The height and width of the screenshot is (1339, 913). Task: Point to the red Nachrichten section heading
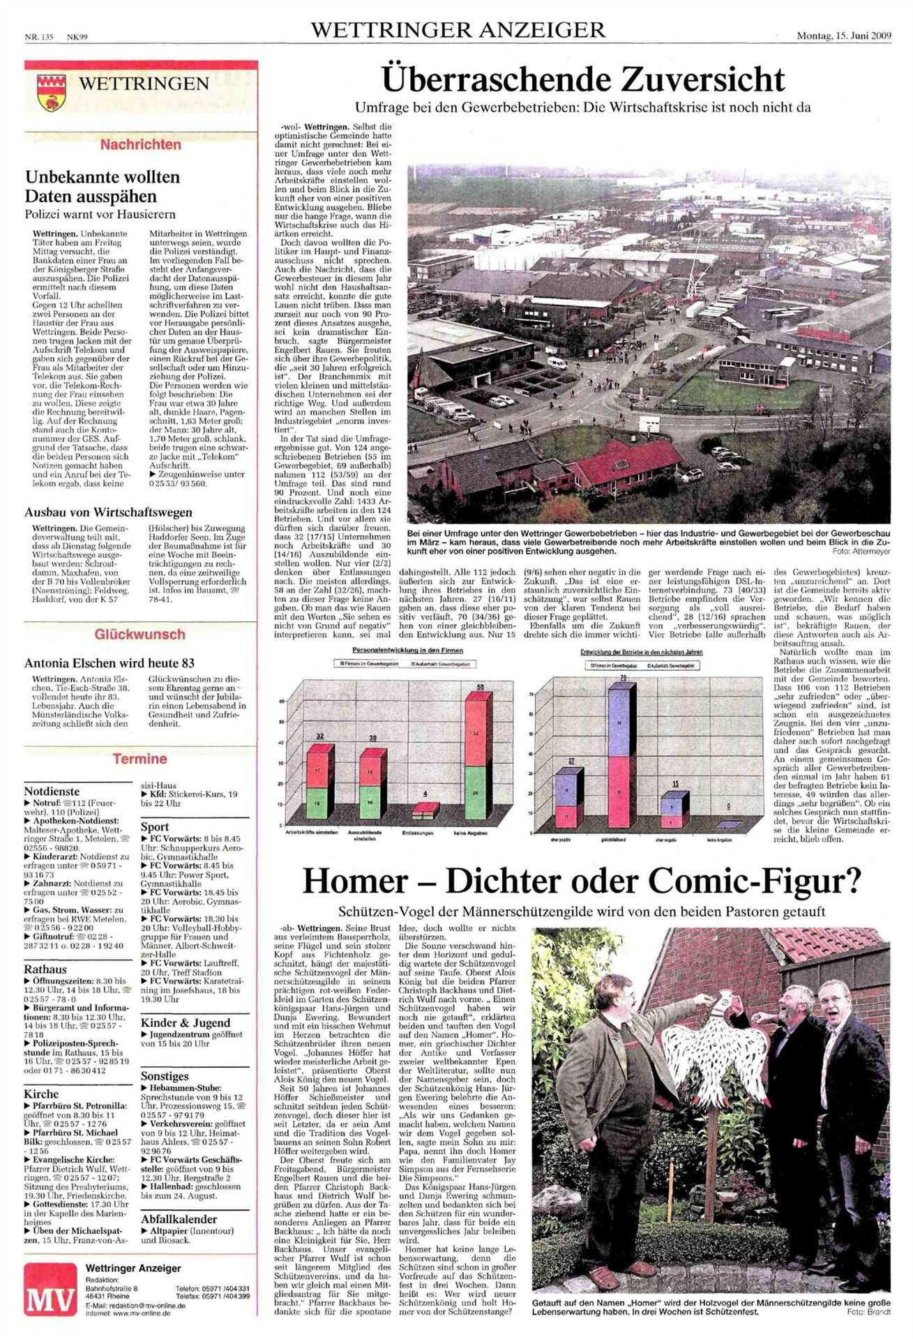click(x=141, y=145)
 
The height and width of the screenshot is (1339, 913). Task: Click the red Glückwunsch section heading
click(x=140, y=634)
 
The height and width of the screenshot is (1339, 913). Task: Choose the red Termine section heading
click(x=140, y=759)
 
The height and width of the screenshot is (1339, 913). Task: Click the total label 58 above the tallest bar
click(x=480, y=688)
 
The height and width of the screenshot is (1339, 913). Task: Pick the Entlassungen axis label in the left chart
click(x=418, y=833)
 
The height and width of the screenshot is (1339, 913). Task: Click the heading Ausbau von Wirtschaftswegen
click(x=108, y=513)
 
